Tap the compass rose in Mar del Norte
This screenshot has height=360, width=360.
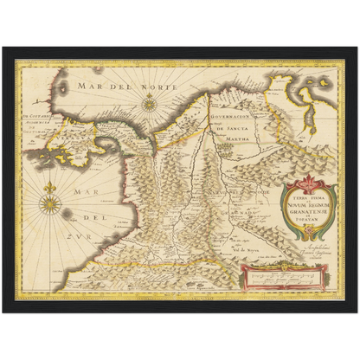pos(150,105)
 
